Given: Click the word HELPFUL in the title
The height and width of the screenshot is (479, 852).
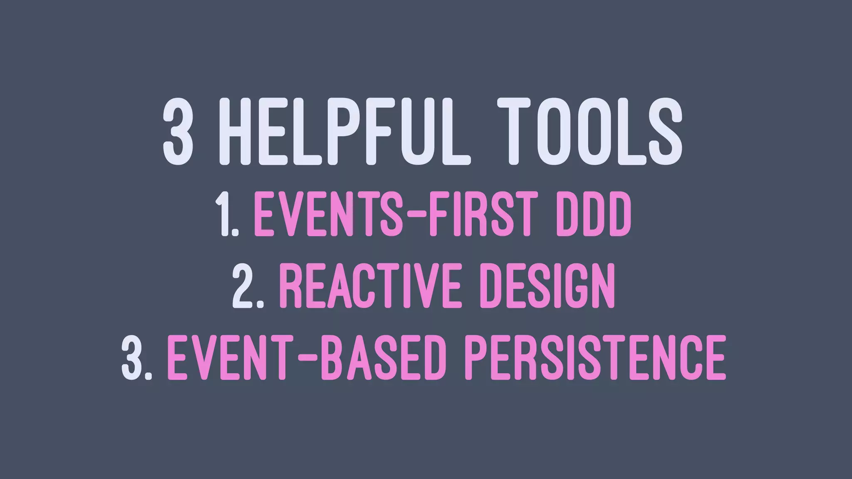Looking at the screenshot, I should pos(349,131).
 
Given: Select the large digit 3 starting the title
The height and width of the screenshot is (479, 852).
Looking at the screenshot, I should pos(178,131).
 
